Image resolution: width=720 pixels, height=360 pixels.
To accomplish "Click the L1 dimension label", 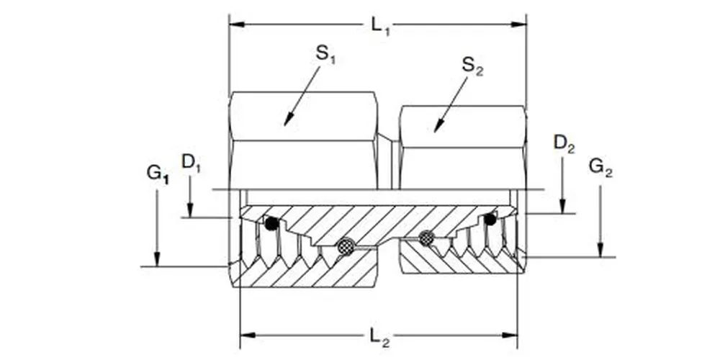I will tap(380, 25).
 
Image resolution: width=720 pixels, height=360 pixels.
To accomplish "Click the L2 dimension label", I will tap(380, 336).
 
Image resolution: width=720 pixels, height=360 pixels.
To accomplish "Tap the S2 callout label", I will tap(472, 66).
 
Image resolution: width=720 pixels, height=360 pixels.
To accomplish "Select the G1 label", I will tap(157, 173).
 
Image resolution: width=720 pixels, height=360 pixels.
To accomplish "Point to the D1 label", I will tap(191, 162).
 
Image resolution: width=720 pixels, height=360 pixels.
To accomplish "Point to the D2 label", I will tap(564, 143).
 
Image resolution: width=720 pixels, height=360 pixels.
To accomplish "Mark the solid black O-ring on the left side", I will tap(271, 224).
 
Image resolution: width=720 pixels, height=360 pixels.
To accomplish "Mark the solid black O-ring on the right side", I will tap(490, 219).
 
